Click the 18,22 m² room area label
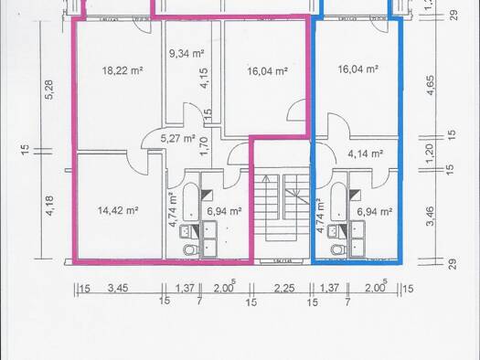click(123, 70)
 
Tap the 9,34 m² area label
click(187, 54)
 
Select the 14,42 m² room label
click(118, 210)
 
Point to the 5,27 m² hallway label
click(178, 139)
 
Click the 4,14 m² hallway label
click(366, 154)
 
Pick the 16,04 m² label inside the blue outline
click(357, 69)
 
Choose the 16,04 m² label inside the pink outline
click(267, 71)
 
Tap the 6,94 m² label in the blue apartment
click(375, 211)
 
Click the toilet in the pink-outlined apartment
click(189, 249)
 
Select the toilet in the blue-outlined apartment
click(337, 249)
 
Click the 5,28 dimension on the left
click(49, 90)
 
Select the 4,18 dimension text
click(49, 206)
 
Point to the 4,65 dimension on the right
click(430, 85)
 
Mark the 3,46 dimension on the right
click(430, 216)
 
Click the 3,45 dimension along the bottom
click(118, 288)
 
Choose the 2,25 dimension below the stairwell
click(284, 288)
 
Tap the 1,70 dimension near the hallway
click(203, 146)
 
